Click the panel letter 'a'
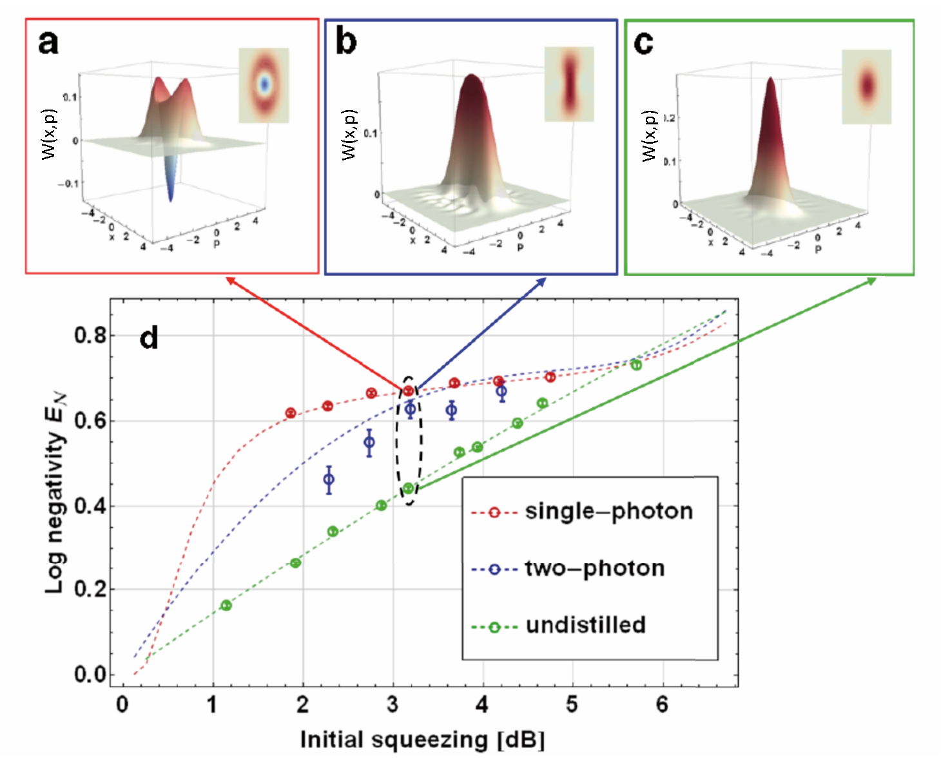48,43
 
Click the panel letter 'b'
346,42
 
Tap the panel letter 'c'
643,43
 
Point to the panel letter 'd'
149,338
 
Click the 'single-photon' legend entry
608,512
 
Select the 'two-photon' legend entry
594,568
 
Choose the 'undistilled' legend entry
585,625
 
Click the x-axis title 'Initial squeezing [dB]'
423,740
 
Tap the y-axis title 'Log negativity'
57,493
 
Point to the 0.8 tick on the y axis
91,336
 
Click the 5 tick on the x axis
572,705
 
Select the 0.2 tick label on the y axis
91,590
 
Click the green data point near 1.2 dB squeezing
226,605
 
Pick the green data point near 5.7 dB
636,365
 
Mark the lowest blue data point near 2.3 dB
329,479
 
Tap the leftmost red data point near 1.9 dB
291,413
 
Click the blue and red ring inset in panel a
264,84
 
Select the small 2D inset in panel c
866,86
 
